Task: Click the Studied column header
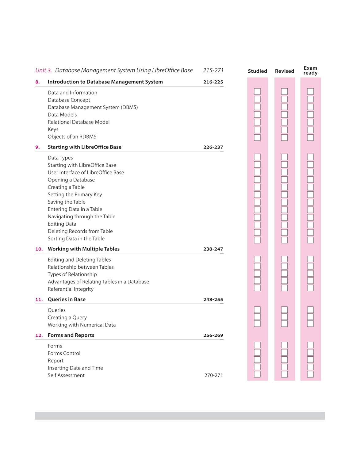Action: click(x=257, y=71)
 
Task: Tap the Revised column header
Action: click(x=284, y=71)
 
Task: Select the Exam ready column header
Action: click(x=310, y=71)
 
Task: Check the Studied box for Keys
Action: click(x=257, y=130)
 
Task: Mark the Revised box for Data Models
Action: click(x=284, y=114)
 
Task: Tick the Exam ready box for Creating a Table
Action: click(x=310, y=187)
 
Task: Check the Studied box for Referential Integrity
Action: click(x=257, y=288)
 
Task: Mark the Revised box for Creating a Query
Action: click(x=284, y=316)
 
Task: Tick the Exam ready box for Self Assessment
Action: click(x=310, y=374)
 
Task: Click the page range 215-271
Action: click(x=213, y=71)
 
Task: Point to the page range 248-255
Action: click(x=213, y=300)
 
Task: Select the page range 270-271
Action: click(x=213, y=375)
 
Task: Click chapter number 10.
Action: click(x=39, y=249)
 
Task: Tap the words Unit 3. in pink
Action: click(x=44, y=71)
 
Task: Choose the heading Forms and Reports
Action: click(x=71, y=335)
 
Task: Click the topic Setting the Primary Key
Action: click(x=75, y=194)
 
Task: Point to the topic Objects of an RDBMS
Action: click(x=72, y=137)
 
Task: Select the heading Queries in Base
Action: click(x=67, y=299)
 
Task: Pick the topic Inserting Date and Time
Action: click(x=75, y=368)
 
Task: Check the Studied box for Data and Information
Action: click(x=257, y=91)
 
